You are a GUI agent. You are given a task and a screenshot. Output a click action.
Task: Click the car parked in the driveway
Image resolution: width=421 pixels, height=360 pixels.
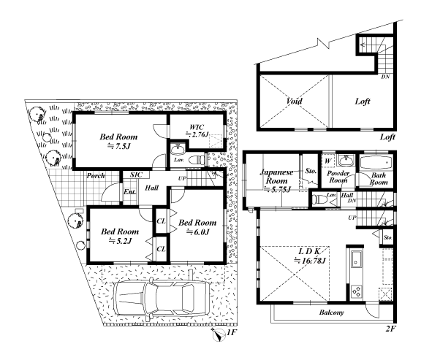[162, 299]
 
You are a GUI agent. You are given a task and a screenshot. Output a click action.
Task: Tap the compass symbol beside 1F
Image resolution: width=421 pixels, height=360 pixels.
[219, 334]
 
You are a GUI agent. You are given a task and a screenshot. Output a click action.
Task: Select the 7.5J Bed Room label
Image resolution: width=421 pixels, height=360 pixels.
[118, 142]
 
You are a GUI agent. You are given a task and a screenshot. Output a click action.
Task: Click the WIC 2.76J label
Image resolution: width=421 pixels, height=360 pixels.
[197, 131]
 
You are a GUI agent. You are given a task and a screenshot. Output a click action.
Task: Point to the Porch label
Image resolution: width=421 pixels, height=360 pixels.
[96, 176]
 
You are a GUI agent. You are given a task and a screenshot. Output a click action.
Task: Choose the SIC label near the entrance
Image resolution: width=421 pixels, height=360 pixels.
[137, 175]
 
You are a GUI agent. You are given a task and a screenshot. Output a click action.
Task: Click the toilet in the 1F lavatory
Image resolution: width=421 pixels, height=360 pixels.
[197, 161]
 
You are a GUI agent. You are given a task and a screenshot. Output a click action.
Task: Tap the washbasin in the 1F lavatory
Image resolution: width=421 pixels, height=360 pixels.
[178, 150]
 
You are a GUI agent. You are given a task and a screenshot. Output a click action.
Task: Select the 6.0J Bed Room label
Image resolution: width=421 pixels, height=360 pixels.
[197, 227]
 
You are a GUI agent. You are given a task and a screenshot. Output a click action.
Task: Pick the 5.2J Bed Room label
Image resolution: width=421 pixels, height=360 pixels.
[120, 236]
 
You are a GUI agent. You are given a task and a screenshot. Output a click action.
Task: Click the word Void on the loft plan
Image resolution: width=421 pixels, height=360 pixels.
[295, 101]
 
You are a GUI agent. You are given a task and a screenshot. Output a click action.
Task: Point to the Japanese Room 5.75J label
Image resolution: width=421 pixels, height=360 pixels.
[277, 180]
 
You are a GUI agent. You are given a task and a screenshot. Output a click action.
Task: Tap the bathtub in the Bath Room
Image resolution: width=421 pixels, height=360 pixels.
[376, 163]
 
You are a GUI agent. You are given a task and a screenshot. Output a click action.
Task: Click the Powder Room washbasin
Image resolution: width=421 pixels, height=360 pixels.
[346, 161]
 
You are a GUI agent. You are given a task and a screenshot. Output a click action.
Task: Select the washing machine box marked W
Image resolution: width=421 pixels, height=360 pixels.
[328, 161]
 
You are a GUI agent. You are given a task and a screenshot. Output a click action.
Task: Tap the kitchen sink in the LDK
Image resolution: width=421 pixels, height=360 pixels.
[356, 259]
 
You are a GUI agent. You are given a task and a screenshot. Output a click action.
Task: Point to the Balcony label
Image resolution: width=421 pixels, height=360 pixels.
[332, 313]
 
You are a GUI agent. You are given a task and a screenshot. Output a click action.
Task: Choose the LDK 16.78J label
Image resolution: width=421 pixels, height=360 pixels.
[310, 256]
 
